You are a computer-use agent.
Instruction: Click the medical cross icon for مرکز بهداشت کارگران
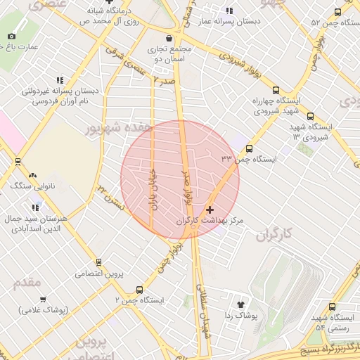(x=210, y=210)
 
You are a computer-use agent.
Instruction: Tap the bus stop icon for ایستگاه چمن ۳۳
(x=249, y=148)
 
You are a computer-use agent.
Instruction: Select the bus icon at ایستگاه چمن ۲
(x=139, y=289)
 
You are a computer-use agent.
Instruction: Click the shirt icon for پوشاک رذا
(x=241, y=305)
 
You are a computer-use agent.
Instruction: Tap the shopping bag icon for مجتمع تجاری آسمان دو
(x=168, y=38)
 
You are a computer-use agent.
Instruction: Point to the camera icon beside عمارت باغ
(x=12, y=37)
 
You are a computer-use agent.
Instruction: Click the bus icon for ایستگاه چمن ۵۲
(x=337, y=12)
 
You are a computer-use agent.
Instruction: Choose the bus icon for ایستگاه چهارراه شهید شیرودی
(x=275, y=90)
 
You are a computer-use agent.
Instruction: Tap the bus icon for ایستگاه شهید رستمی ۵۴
(x=333, y=306)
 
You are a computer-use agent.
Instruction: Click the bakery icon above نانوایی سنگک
(x=32, y=174)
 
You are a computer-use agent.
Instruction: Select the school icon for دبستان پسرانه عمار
(x=229, y=11)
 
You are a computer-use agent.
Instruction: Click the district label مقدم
(x=28, y=281)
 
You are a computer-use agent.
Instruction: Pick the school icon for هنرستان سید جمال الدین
(x=35, y=207)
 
